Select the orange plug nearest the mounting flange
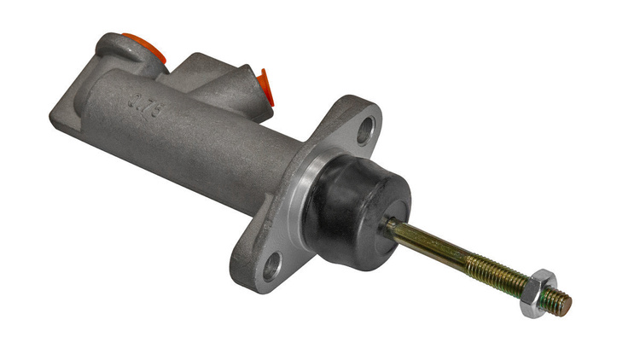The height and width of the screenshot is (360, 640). click(x=264, y=86)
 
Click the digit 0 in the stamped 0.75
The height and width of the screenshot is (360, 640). click(x=132, y=100)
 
